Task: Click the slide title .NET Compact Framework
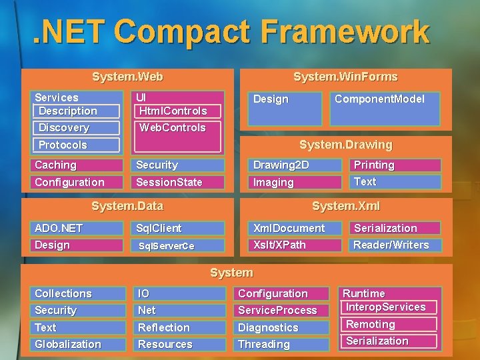[231, 31]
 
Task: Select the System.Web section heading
[127, 77]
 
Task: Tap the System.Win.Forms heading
[345, 77]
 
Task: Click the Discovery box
[76, 128]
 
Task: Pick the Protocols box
[76, 145]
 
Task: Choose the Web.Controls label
[177, 128]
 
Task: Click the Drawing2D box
[296, 165]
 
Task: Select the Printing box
[395, 165]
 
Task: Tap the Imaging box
[296, 182]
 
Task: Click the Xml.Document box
[296, 228]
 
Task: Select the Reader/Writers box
[395, 245]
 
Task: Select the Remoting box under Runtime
[389, 325]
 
